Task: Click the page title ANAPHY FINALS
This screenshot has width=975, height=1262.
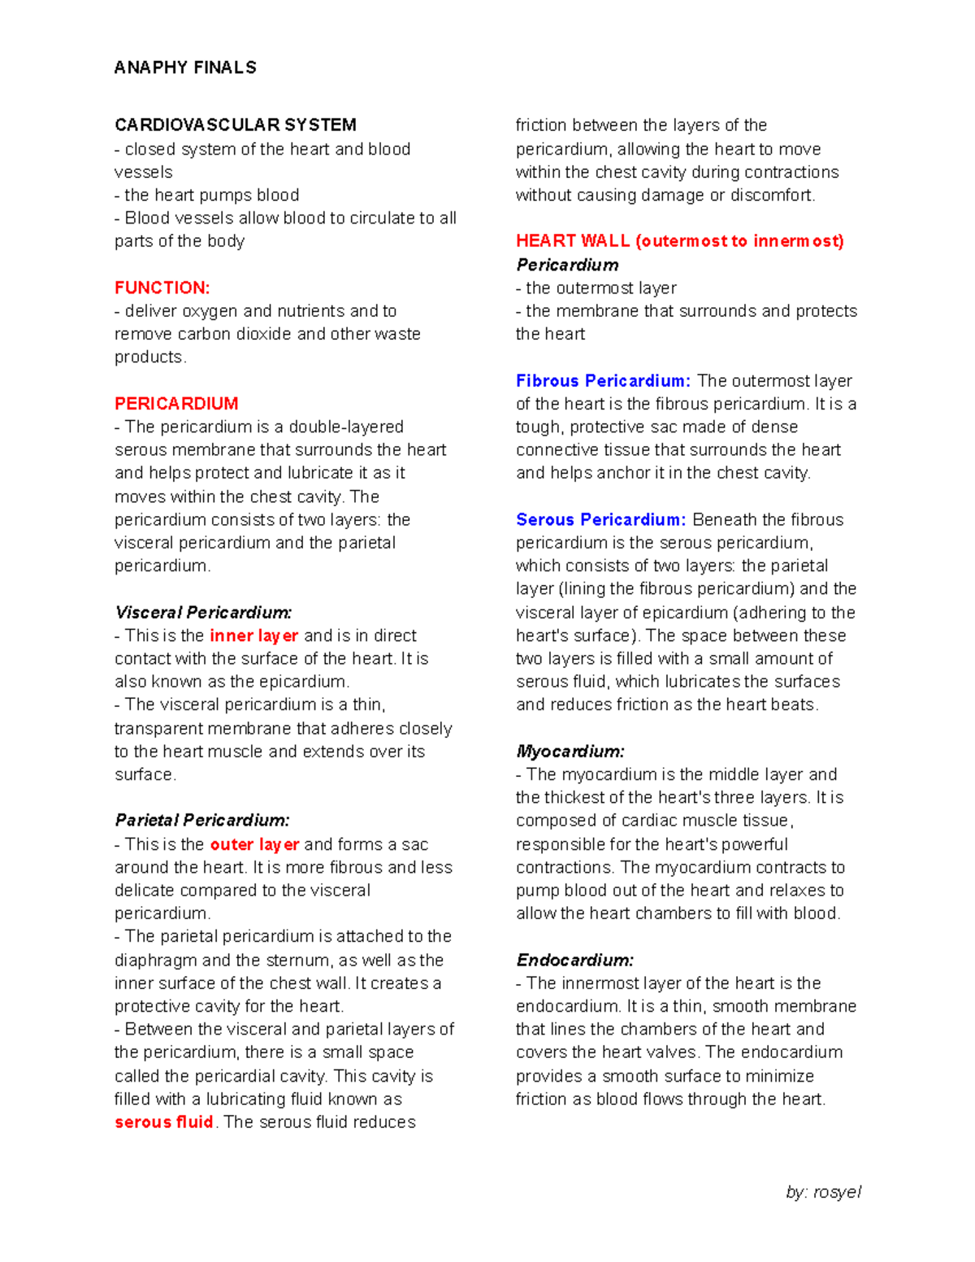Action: pos(185,67)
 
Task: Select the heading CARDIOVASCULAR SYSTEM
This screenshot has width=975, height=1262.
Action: pos(235,125)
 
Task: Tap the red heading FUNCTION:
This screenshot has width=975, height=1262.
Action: pos(162,288)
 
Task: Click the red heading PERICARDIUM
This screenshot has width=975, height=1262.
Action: pos(176,404)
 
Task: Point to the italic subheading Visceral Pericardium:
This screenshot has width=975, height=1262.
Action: pos(203,613)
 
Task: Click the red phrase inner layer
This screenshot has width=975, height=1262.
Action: pos(253,635)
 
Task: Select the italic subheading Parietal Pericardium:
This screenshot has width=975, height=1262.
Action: pos(201,820)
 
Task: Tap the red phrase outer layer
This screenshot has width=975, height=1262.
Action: pos(254,844)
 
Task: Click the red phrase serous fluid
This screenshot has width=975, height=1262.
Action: pos(163,1122)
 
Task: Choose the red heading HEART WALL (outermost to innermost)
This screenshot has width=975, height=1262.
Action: pos(679,241)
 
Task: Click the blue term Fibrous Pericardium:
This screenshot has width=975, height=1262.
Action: pos(603,381)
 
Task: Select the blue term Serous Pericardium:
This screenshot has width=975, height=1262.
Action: pos(600,520)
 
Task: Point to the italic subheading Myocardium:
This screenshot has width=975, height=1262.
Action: pos(570,752)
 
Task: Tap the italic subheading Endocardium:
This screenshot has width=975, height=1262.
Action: pos(574,960)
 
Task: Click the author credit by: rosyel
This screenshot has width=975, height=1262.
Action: pos(823,1192)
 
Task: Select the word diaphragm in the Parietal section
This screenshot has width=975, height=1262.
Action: pos(155,961)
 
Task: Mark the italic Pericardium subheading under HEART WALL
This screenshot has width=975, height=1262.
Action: pos(567,265)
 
